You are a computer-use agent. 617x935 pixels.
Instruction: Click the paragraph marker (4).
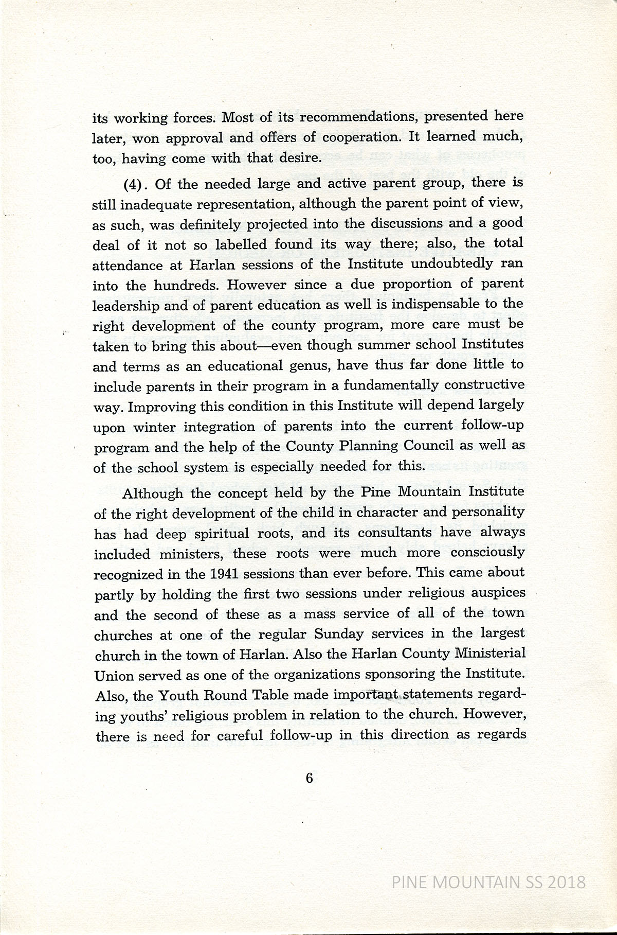(135, 184)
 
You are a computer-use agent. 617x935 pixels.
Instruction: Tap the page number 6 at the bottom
(309, 778)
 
